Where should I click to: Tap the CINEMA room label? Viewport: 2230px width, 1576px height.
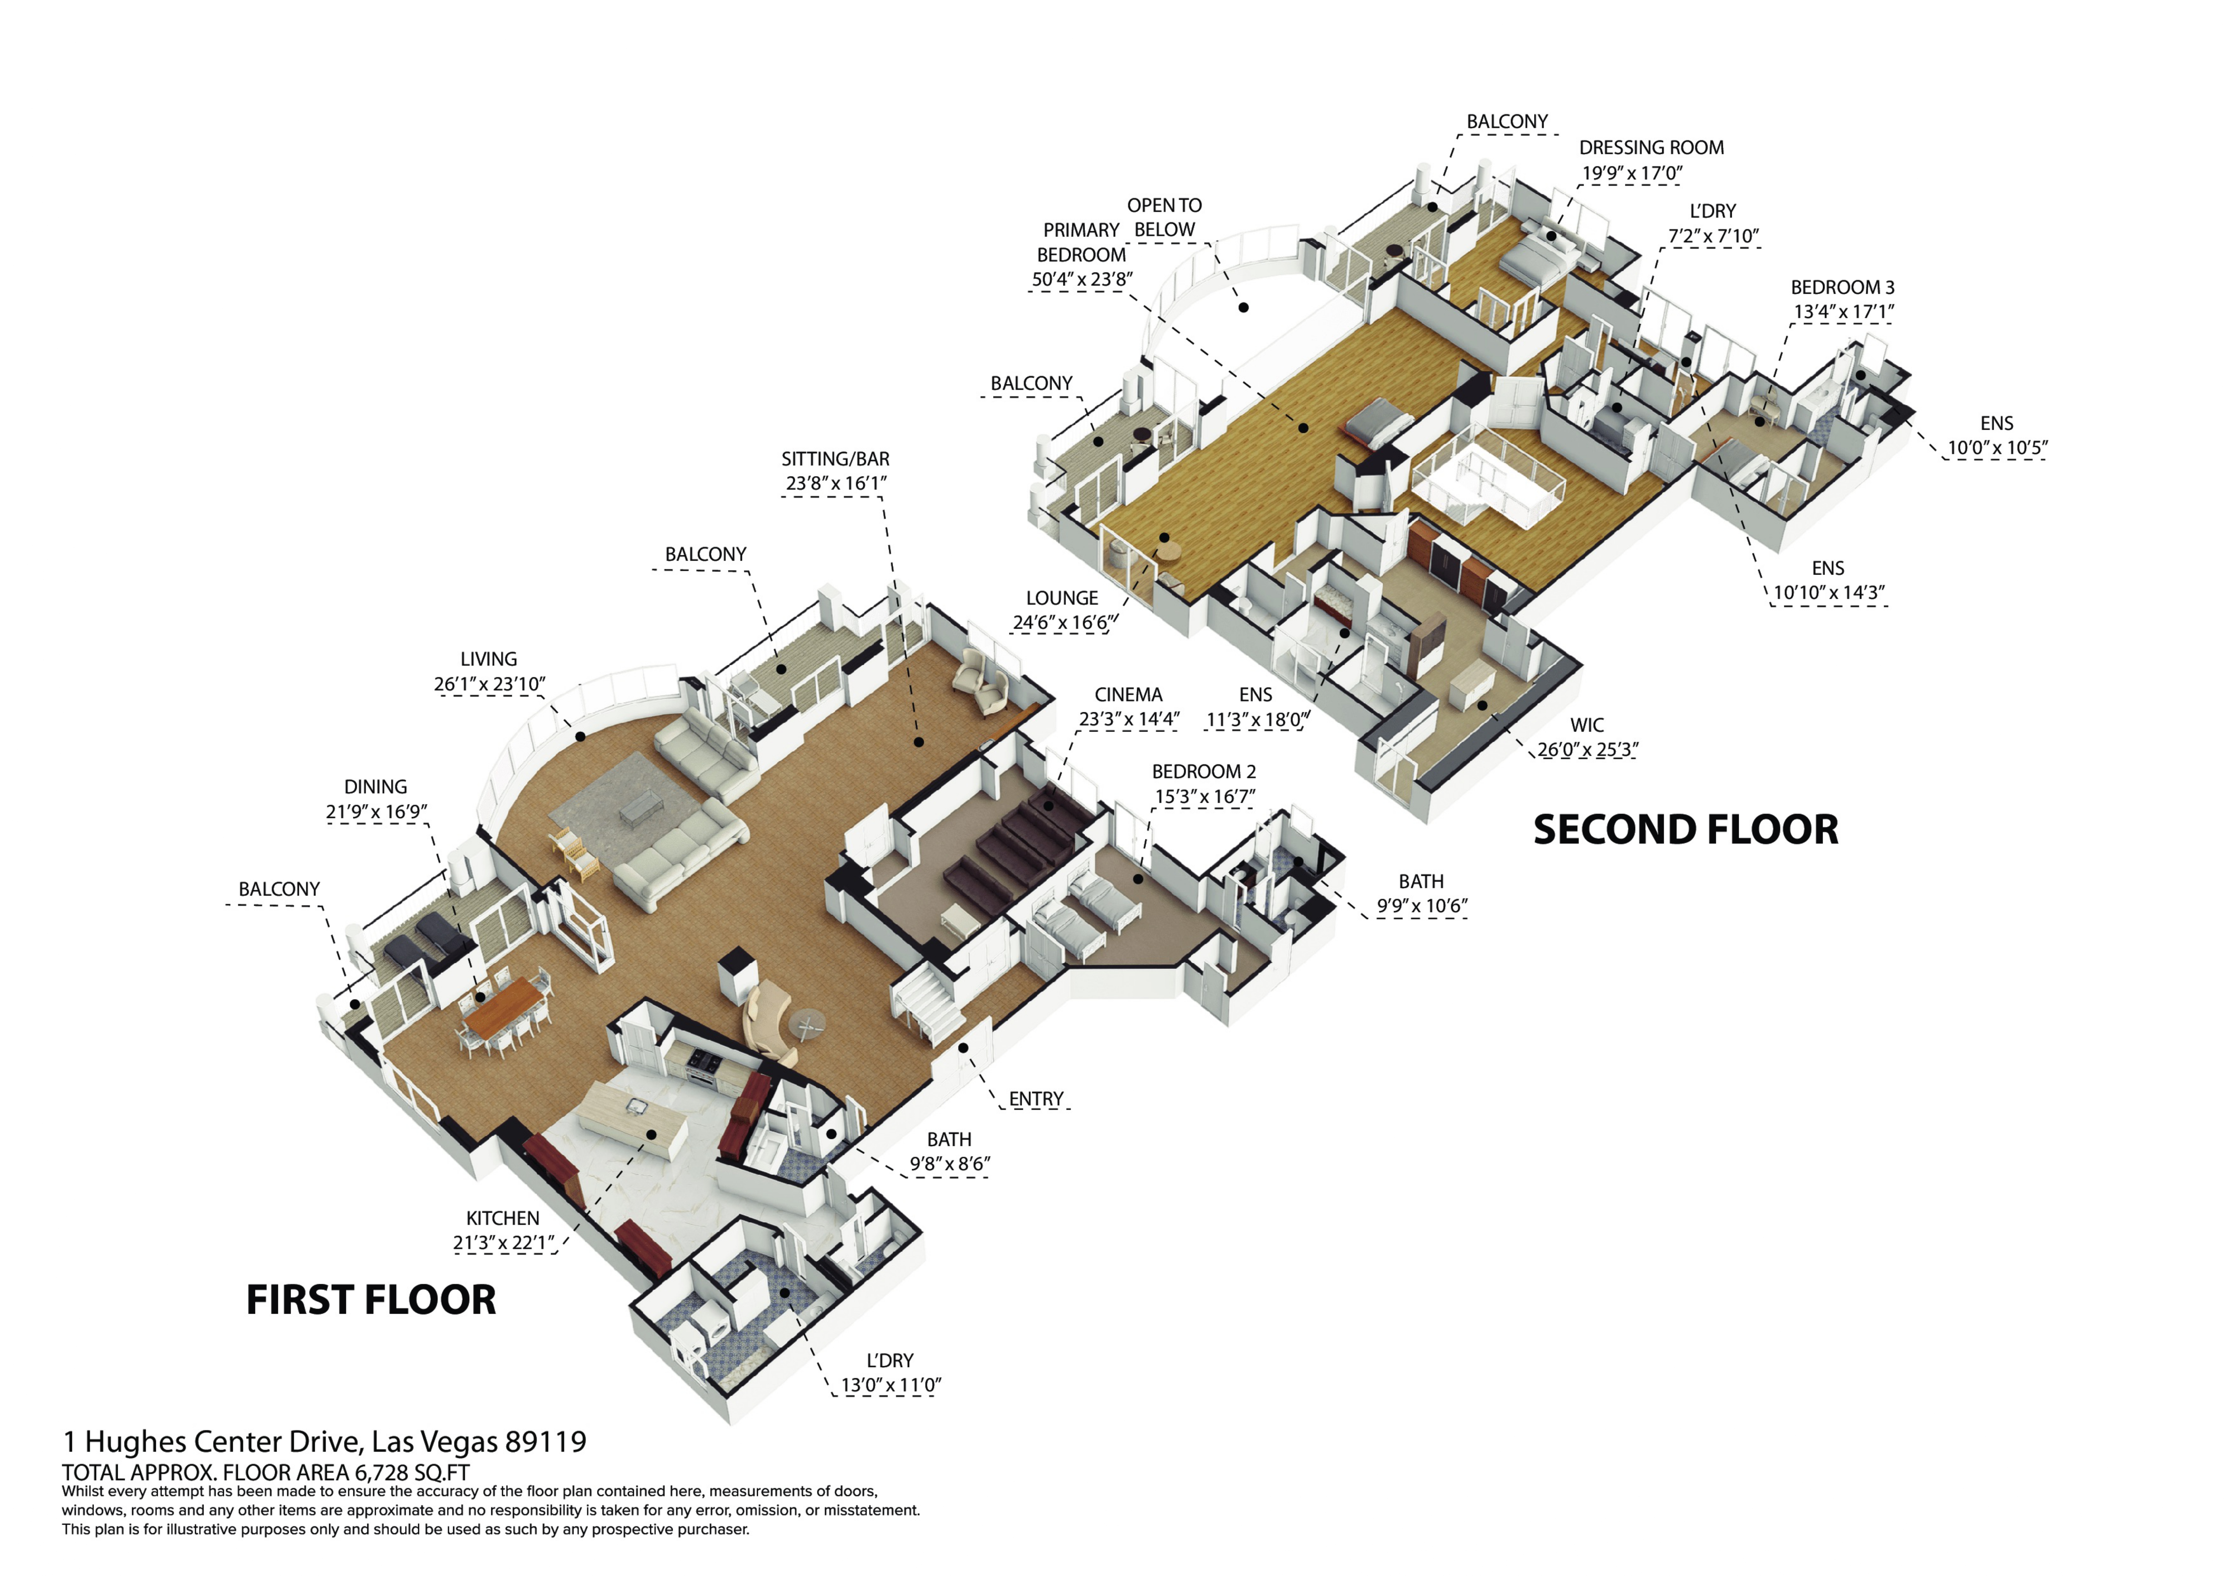(x=1128, y=694)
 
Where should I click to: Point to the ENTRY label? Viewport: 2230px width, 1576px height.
(x=1035, y=1098)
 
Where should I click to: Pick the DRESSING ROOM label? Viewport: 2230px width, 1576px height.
(x=1651, y=148)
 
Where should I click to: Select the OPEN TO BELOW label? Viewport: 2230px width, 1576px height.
(x=1165, y=217)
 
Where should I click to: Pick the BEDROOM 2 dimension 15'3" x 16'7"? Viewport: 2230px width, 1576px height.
(x=1204, y=796)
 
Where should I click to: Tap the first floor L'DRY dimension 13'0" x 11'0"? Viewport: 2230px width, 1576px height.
(x=890, y=1385)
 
